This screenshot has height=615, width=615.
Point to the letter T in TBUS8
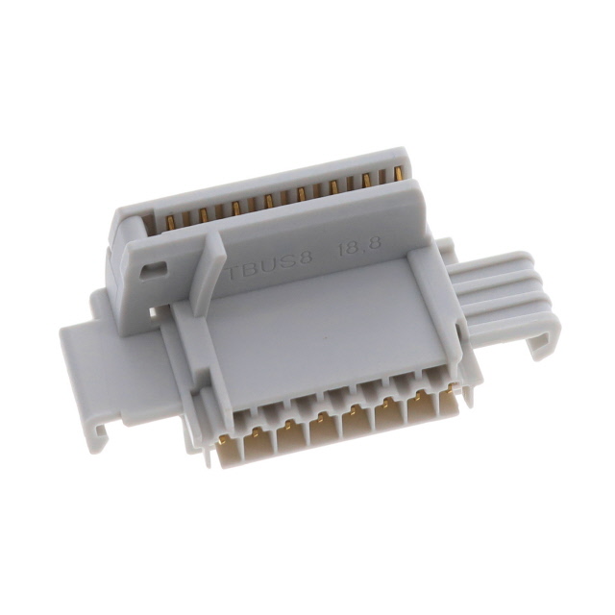pos(233,262)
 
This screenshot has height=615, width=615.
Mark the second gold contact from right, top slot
pos(366,181)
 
